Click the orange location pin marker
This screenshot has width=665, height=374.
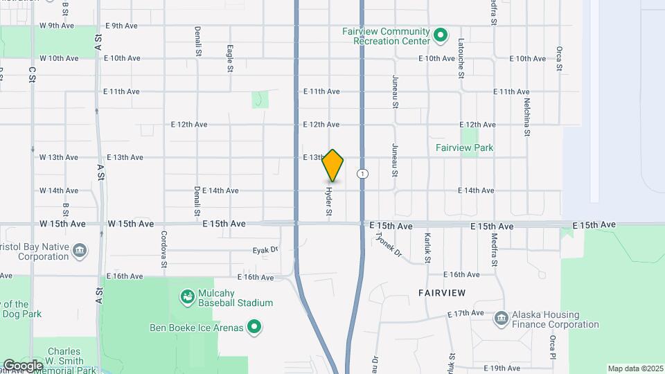click(x=333, y=166)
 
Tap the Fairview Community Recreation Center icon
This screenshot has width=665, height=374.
click(x=440, y=35)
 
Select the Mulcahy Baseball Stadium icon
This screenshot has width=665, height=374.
click(x=186, y=298)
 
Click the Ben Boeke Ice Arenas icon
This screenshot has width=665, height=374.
click(x=254, y=326)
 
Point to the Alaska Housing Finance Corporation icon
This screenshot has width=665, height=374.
click(x=502, y=319)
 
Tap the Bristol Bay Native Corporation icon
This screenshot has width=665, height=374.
click(x=80, y=249)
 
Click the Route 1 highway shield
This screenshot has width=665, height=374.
click(x=362, y=173)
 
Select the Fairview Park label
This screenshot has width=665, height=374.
click(x=464, y=148)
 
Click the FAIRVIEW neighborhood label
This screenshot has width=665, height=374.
click(x=442, y=294)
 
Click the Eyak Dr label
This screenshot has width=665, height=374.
click(x=265, y=249)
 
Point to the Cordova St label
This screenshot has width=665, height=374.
click(x=164, y=249)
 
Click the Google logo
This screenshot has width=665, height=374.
click(x=22, y=366)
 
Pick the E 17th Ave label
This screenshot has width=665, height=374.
click(x=465, y=314)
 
